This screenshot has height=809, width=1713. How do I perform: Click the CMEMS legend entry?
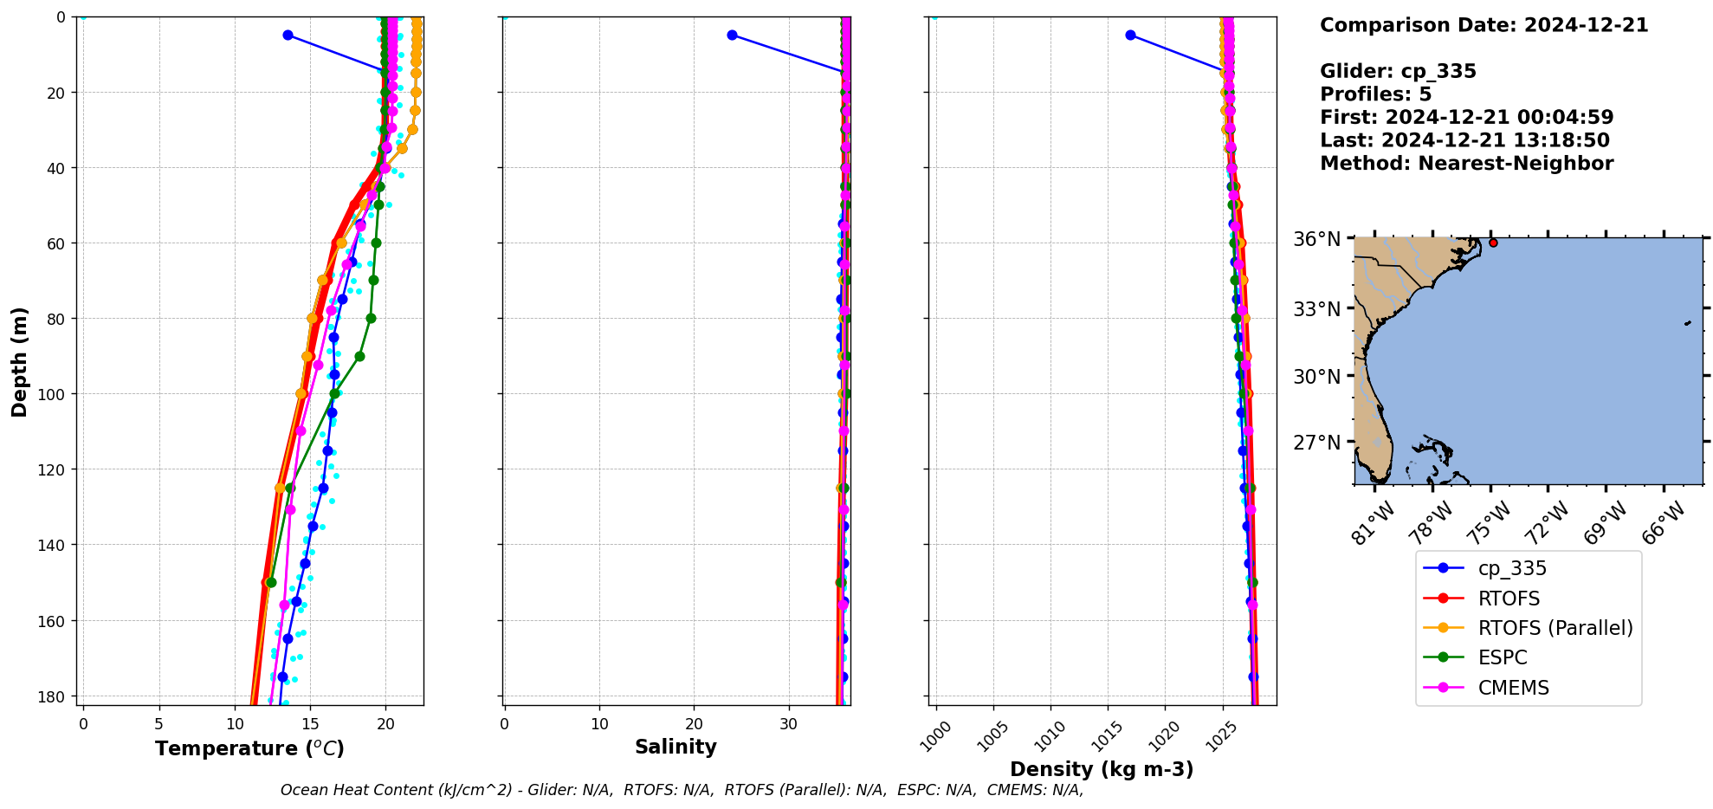1513,688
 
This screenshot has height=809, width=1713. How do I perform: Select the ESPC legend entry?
1503,657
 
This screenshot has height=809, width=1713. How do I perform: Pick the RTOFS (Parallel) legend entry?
1555,628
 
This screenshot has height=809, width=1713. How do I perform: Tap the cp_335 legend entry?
1511,568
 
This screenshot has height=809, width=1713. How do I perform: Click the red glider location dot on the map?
1493,243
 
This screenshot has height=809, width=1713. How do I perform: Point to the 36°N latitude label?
1316,239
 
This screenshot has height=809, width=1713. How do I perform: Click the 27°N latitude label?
1316,443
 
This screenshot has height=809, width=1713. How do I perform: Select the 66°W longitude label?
1663,523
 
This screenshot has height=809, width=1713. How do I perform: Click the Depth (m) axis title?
19,361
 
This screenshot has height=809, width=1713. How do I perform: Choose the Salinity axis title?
676,747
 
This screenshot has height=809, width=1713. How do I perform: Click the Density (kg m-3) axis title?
1102,769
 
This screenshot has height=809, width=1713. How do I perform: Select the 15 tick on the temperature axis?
310,723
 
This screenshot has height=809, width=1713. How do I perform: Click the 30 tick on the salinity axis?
788,723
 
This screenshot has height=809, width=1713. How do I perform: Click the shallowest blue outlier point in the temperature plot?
288,35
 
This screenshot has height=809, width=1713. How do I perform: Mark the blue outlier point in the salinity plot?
732,35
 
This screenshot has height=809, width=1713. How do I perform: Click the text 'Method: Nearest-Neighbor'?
1466,164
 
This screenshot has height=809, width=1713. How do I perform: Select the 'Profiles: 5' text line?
1375,94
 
